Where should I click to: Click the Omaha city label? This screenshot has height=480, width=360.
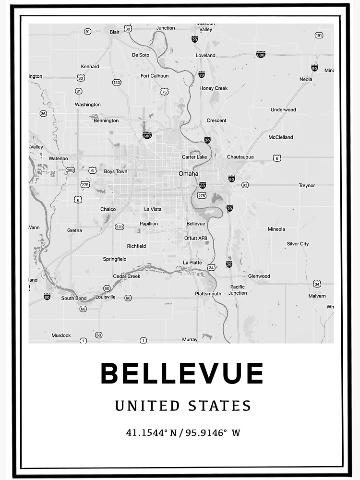click(188, 173)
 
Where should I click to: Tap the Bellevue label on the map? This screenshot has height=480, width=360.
click(195, 224)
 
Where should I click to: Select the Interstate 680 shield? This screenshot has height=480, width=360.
click(147, 136)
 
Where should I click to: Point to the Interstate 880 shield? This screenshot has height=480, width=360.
click(261, 55)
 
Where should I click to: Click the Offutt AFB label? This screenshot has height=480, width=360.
click(196, 238)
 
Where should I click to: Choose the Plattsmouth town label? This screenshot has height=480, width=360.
click(208, 293)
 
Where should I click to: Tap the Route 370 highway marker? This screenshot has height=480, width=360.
click(119, 227)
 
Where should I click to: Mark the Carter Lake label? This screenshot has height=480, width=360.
click(194, 157)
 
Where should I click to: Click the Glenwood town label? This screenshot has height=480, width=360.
click(259, 276)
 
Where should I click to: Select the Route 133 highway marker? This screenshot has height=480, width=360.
click(117, 83)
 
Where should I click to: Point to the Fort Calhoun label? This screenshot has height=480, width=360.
click(155, 76)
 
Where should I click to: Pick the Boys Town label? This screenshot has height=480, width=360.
click(116, 171)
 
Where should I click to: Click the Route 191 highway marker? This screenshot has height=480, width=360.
click(319, 36)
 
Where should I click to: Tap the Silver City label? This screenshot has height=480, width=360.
click(298, 244)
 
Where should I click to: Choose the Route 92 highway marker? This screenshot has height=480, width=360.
click(245, 185)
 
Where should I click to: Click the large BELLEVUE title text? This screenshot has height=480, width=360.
click(182, 373)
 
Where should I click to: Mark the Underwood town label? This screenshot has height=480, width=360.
click(283, 109)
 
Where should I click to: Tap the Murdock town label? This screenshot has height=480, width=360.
click(61, 336)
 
